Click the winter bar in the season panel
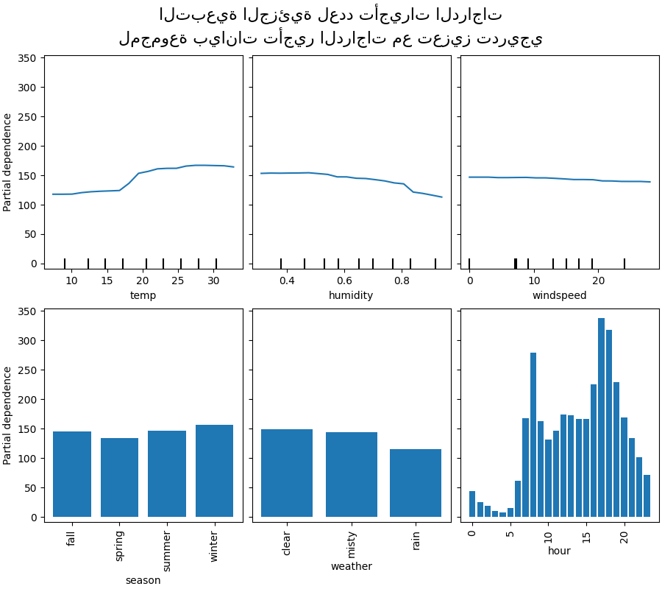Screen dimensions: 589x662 coord(214,471)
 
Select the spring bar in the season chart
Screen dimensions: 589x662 coord(119,478)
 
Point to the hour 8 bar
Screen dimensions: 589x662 coord(533,434)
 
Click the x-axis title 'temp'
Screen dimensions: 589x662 coord(143,295)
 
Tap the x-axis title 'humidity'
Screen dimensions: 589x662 coord(351,295)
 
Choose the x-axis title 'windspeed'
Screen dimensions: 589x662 coord(559,295)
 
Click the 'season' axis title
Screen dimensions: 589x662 coord(143,580)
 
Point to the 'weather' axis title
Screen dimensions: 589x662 coord(351,566)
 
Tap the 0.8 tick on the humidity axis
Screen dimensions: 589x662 coord(402,281)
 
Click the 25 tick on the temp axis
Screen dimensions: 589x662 coord(178,281)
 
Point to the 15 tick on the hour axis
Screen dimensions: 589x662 coord(586,532)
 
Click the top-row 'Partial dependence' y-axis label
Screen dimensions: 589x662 coord(8,162)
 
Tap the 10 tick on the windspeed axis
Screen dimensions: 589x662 coord(534,281)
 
